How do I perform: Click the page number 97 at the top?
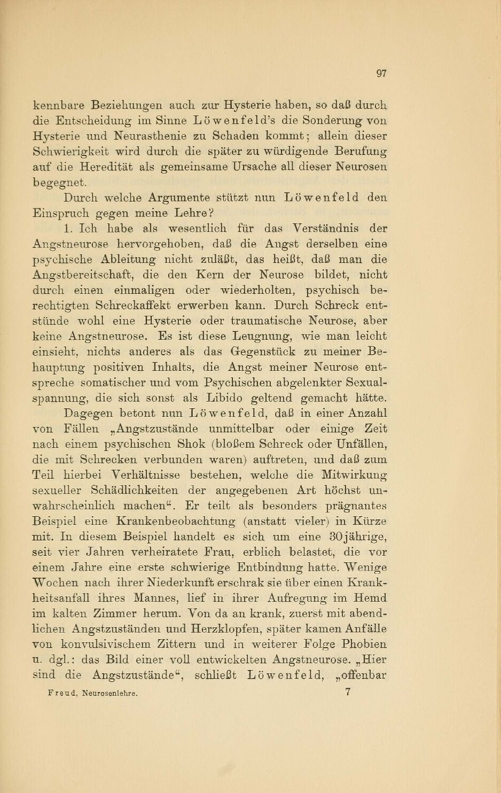tap(381, 73)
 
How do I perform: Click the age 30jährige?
tap(353, 537)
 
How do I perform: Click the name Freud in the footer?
tap(63, 694)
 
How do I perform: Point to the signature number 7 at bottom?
tap(348, 693)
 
